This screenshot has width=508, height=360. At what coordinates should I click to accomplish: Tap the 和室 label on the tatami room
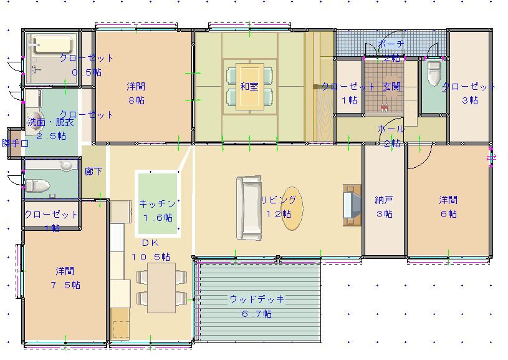click(249, 87)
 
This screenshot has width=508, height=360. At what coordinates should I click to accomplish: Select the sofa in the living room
click(248, 208)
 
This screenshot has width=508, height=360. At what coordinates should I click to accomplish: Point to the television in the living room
click(350, 203)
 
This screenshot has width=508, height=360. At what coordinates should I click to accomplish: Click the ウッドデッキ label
click(257, 299)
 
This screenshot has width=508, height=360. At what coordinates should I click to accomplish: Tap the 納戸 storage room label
click(384, 200)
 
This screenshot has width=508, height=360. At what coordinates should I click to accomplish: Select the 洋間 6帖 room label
click(448, 200)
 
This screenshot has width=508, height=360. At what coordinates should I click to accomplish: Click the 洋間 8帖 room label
click(136, 85)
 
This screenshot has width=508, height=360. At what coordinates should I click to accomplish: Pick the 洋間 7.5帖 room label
click(65, 271)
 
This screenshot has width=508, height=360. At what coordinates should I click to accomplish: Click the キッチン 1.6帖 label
click(158, 203)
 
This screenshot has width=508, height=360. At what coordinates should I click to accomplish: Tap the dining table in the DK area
click(161, 287)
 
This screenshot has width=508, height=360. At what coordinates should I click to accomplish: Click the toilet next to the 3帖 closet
click(434, 74)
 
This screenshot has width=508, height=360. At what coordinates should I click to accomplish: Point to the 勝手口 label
click(15, 143)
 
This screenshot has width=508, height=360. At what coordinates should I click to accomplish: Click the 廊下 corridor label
click(93, 172)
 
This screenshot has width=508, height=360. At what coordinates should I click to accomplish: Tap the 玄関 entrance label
click(391, 87)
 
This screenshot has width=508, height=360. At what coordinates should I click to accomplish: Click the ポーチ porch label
click(391, 44)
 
